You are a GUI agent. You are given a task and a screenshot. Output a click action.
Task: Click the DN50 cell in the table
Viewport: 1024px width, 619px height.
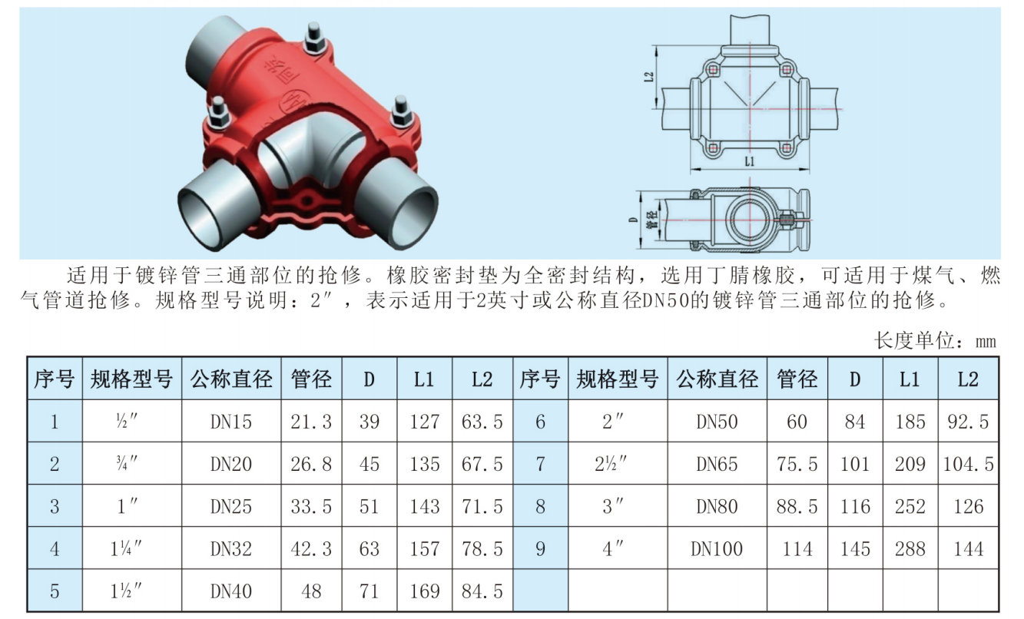click(x=717, y=422)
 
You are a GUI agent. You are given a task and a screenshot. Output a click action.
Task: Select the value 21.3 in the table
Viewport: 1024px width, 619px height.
click(x=311, y=422)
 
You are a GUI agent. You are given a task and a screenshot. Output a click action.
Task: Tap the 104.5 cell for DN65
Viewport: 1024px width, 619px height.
click(x=968, y=464)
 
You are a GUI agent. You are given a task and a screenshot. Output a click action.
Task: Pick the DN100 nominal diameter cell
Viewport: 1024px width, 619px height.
click(x=717, y=548)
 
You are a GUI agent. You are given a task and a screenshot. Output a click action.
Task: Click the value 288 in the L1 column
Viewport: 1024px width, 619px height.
click(x=910, y=548)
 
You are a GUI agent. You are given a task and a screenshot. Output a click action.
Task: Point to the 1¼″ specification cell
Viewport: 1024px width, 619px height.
click(x=126, y=548)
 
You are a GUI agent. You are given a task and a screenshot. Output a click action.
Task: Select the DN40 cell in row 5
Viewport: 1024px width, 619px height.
click(x=231, y=591)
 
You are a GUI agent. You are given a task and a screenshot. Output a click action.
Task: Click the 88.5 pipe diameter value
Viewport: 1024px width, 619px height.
click(x=797, y=507)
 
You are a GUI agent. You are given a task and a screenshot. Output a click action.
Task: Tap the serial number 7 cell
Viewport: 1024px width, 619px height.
click(x=540, y=464)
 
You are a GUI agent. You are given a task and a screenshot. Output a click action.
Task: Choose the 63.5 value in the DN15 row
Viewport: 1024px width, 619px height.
click(x=482, y=422)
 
